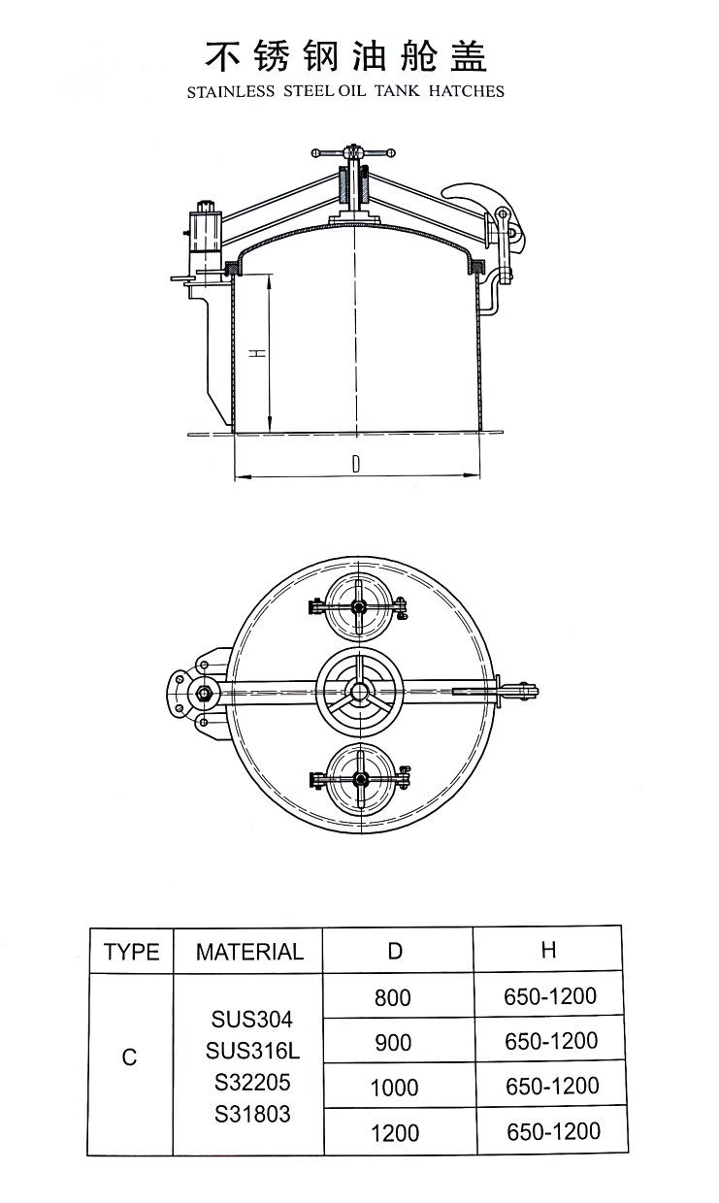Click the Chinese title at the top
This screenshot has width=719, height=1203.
(x=345, y=56)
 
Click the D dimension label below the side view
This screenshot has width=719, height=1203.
(x=357, y=465)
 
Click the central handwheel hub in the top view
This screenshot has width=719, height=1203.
(x=358, y=690)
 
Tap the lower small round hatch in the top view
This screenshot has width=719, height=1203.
(x=358, y=779)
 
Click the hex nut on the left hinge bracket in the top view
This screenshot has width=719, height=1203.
(x=205, y=693)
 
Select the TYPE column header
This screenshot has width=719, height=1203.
(x=131, y=952)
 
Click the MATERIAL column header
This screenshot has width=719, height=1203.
(x=249, y=952)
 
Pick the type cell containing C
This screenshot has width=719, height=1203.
(x=130, y=1057)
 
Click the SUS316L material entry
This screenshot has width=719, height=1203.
(x=250, y=1050)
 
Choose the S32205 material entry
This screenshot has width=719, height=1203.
(x=250, y=1082)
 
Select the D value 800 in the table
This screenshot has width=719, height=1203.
(x=393, y=997)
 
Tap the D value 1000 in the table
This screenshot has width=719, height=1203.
(x=394, y=1088)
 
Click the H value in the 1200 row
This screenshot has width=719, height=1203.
(x=552, y=1131)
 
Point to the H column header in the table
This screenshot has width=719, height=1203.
(x=548, y=950)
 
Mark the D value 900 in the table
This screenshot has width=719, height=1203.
(x=393, y=1043)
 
